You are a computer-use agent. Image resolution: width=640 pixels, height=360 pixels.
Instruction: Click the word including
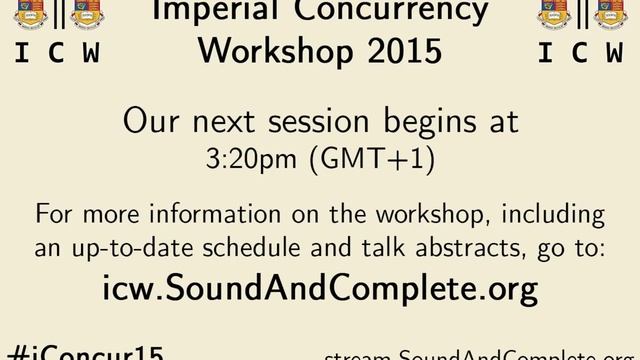click(x=553, y=215)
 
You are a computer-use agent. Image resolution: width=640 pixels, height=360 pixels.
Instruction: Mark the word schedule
click(x=258, y=249)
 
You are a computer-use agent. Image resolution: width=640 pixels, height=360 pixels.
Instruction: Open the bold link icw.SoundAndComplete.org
click(x=320, y=290)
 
